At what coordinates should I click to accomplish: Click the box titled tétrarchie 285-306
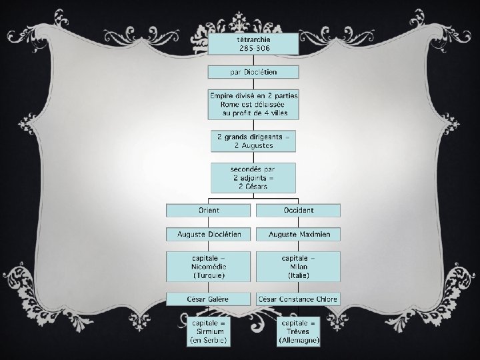(x=253, y=44)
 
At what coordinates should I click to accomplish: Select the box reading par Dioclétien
(x=253, y=71)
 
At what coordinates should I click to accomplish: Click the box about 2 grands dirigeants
(x=253, y=141)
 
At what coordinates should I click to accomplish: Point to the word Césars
(x=253, y=187)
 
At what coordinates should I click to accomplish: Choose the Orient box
(x=209, y=210)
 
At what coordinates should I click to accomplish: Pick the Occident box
(x=298, y=210)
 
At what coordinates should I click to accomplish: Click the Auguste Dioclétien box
(x=209, y=234)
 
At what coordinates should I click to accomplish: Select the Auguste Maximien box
(x=298, y=234)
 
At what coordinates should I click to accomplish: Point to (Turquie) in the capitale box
(x=209, y=275)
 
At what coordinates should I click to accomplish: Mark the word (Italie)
(x=298, y=275)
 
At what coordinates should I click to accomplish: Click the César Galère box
(x=209, y=299)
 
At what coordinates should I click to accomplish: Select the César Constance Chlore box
(x=298, y=299)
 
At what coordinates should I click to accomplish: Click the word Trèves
(x=299, y=331)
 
